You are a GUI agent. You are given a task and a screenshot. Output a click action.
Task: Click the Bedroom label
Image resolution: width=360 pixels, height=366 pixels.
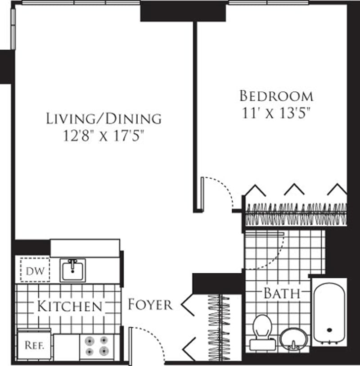tap(276, 96)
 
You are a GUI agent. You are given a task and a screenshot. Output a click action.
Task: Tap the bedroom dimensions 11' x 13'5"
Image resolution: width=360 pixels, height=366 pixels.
tap(276, 113)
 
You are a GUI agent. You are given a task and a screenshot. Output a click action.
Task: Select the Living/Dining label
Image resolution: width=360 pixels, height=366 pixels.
tap(104, 118)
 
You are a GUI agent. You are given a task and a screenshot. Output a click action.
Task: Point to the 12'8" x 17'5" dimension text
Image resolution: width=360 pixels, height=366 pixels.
tap(104, 136)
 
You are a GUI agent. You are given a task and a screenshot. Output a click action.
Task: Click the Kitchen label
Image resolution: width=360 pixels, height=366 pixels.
tap(70, 307)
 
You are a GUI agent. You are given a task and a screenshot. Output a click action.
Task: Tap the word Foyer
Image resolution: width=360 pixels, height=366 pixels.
tap(150, 304)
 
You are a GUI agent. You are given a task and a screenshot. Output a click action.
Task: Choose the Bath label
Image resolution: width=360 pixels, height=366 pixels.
tap(282, 294)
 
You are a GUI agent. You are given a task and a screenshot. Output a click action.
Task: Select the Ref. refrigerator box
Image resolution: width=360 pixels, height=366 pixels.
tap(33, 346)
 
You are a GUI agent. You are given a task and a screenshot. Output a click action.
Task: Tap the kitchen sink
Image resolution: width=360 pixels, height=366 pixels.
tap(73, 270)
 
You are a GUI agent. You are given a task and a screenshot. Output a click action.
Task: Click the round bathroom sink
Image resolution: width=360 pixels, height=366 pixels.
tap(293, 339)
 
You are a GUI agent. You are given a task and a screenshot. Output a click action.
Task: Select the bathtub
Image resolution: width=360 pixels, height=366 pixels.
tap(329, 313)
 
